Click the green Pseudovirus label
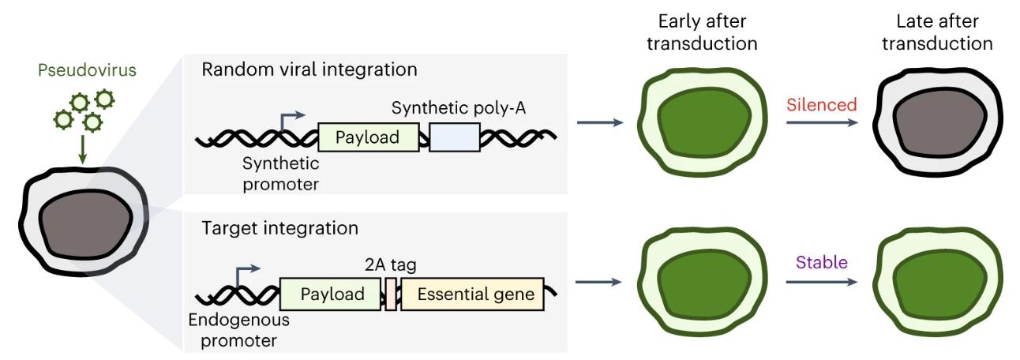tap(87, 70)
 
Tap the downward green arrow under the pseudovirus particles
tap(82, 149)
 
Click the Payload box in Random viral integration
tap(368, 137)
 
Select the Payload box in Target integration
tap(330, 294)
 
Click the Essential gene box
tap(473, 294)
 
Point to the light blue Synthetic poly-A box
tap(455, 137)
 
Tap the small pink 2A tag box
tap(391, 294)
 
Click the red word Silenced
tap(822, 105)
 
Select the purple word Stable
tap(822, 262)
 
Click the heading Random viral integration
tap(309, 69)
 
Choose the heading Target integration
tap(279, 228)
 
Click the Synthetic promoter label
tap(280, 174)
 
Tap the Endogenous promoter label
tap(238, 330)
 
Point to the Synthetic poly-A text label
tap(458, 108)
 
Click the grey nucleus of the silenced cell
tap(939, 123)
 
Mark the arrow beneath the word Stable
tap(822, 282)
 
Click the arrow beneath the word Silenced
tap(822, 122)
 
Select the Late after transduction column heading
tap(937, 32)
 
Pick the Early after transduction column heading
tap(702, 32)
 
